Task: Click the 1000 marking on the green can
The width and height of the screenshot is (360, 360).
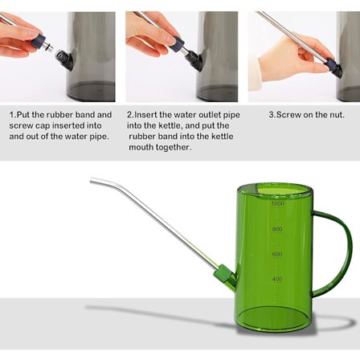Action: pos(277,203)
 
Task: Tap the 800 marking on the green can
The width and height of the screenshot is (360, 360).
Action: pos(277,229)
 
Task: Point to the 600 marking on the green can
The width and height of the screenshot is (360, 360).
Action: pos(277,254)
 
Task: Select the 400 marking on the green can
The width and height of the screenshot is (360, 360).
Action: pos(277,279)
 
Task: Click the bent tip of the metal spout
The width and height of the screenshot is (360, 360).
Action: pos(92,180)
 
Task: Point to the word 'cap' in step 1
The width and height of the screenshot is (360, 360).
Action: pos(43,126)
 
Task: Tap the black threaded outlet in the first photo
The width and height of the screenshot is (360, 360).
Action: pos(64,59)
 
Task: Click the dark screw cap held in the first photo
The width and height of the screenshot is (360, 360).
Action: pos(38,42)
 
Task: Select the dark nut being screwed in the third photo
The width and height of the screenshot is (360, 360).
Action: pos(335,68)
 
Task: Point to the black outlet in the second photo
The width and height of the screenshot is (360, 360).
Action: pos(194,60)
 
